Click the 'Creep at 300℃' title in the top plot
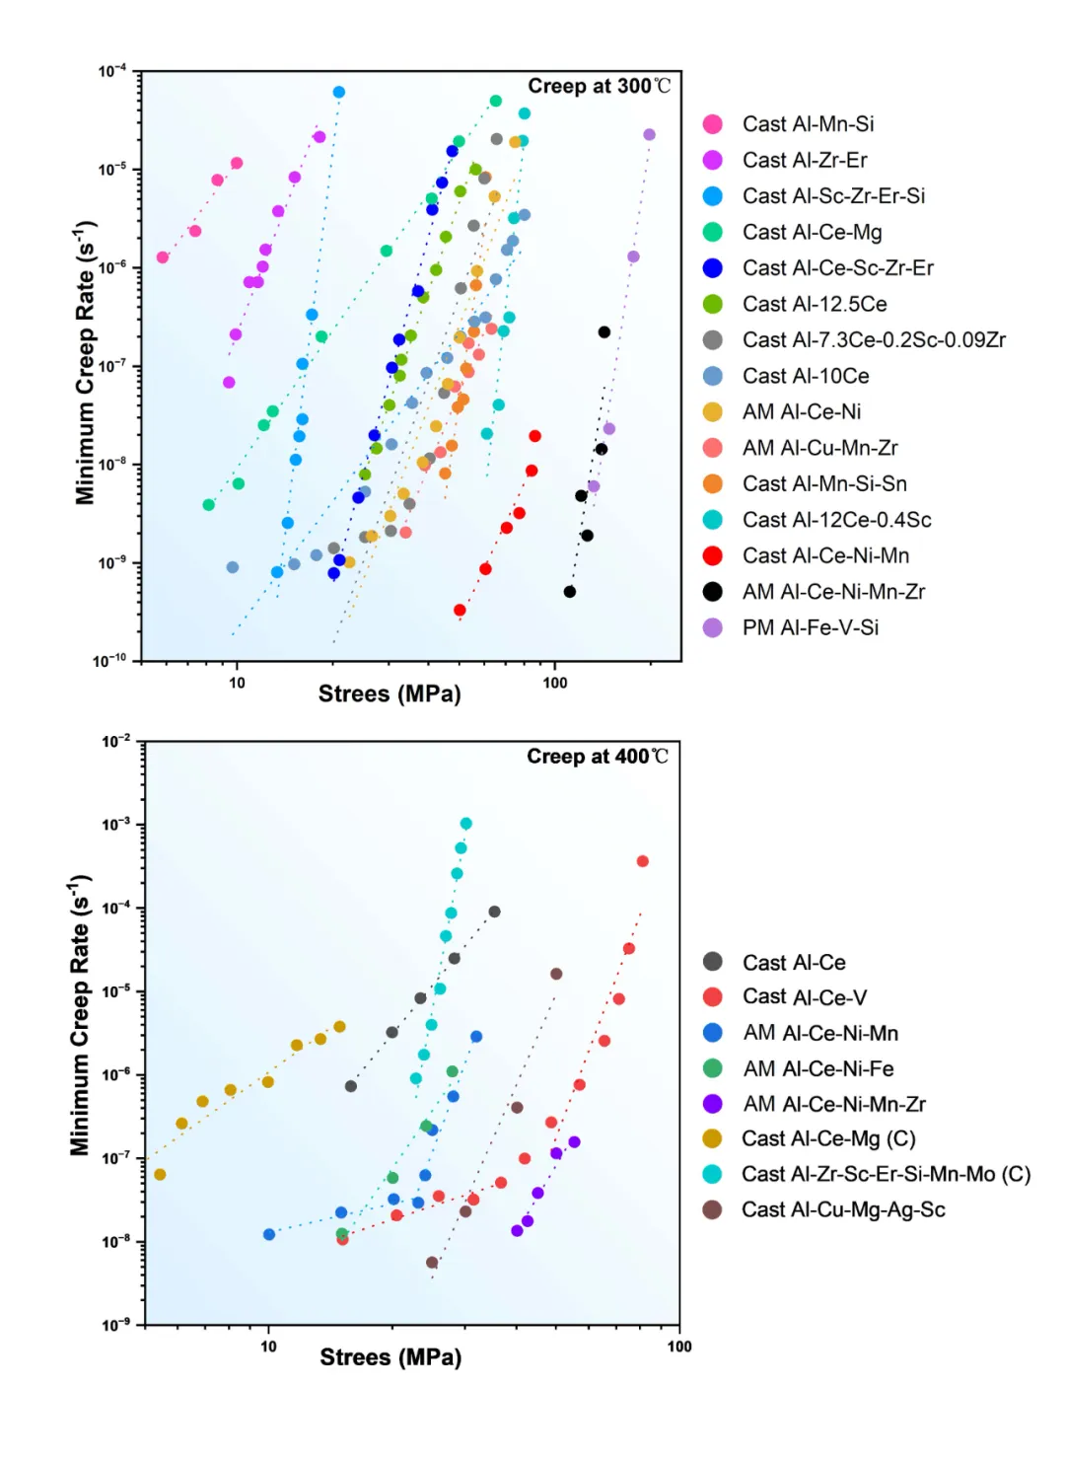[599, 87]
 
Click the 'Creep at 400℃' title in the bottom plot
[598, 757]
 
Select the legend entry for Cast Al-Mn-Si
[808, 124]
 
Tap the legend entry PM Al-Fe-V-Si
[810, 628]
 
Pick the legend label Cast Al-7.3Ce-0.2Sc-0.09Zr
[874, 340]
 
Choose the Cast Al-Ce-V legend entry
[805, 997]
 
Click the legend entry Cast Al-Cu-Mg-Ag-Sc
[843, 1210]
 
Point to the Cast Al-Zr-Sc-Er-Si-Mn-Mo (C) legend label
[886, 1175]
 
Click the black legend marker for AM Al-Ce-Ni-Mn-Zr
[712, 592]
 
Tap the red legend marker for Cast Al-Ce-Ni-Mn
[712, 556]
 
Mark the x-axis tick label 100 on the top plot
[555, 683]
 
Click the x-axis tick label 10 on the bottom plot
[268, 1347]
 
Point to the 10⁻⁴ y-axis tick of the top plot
[112, 71]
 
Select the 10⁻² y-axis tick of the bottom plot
[115, 741]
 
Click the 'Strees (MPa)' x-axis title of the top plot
[390, 694]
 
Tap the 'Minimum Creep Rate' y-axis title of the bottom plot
[80, 1014]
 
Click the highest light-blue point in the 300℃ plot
[339, 93]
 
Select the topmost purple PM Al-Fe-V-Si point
[649, 135]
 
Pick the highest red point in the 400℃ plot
[643, 861]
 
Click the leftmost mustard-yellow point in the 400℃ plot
[160, 1175]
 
